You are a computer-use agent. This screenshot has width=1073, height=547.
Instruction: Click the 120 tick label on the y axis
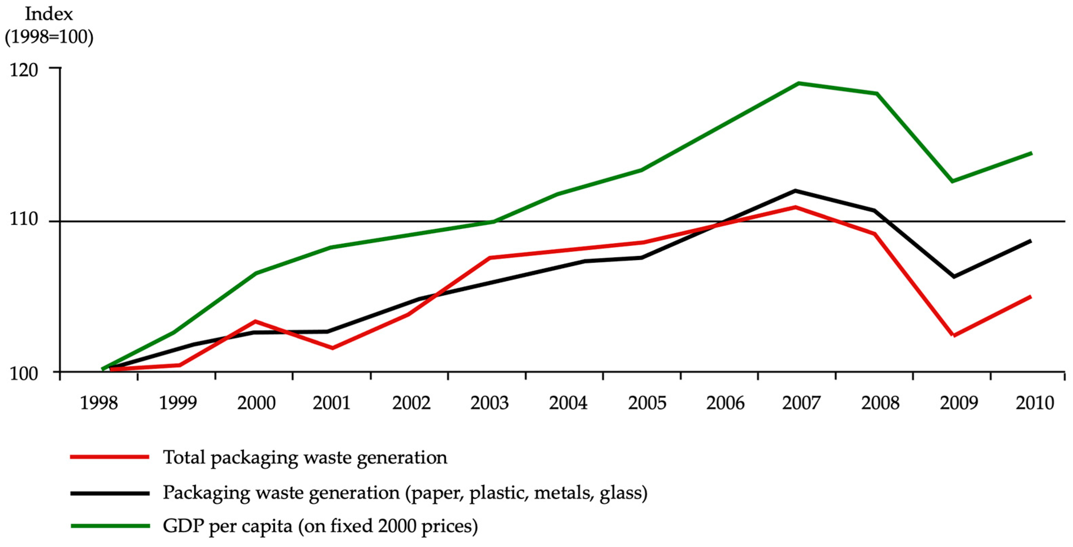pos(24,69)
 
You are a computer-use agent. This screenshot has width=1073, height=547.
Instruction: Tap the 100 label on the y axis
pos(24,373)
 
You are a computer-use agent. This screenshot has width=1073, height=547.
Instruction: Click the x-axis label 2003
pos(489,403)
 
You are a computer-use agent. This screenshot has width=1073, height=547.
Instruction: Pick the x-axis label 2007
pos(801,403)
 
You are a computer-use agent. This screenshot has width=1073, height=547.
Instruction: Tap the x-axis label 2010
pos(1035,403)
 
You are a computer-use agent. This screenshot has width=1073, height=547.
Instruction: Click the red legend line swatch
pos(110,457)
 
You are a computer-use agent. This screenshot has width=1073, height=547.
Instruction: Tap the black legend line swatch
pos(110,493)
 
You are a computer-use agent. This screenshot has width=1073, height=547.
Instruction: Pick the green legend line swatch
pos(110,526)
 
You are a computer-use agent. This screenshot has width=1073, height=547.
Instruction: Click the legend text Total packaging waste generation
pos(305,457)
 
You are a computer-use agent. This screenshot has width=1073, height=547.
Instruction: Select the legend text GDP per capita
pos(227,526)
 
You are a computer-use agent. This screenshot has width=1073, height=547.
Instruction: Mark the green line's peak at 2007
pos(798,83)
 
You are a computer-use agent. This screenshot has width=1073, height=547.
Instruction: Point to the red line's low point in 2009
pos(954,335)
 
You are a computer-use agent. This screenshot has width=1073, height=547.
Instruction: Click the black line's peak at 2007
pos(796,191)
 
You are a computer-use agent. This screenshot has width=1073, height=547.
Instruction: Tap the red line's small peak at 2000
pos(255,321)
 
